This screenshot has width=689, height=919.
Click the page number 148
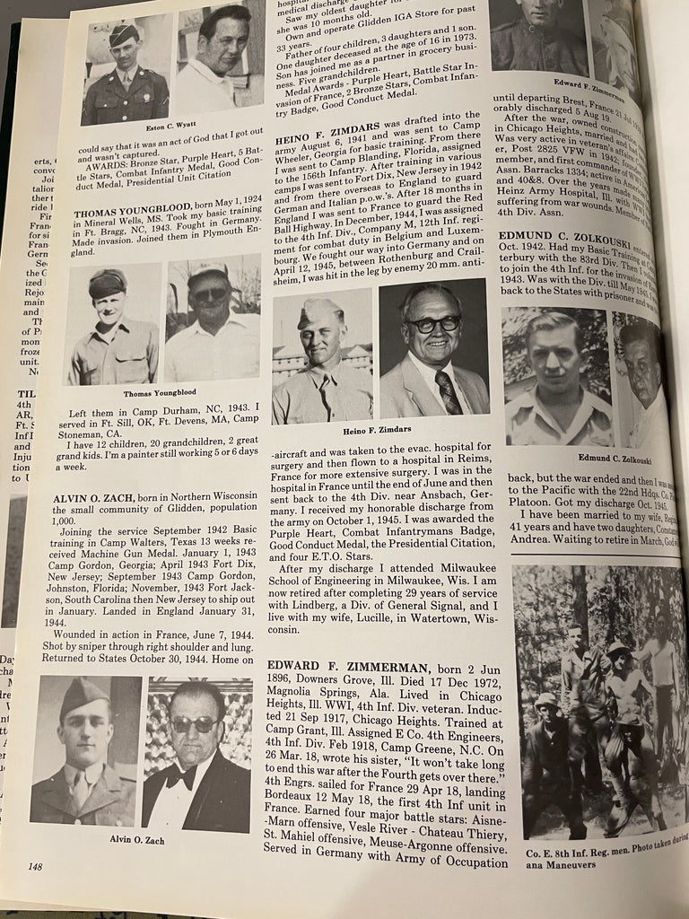click(x=35, y=866)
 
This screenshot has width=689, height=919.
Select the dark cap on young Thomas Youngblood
click(x=108, y=284)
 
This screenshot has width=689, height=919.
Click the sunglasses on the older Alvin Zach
click(x=194, y=723)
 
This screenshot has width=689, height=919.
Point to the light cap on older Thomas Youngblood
click(x=208, y=272)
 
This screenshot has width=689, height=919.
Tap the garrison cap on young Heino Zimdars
click(x=320, y=313)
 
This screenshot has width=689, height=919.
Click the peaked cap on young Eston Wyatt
click(x=123, y=34)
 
